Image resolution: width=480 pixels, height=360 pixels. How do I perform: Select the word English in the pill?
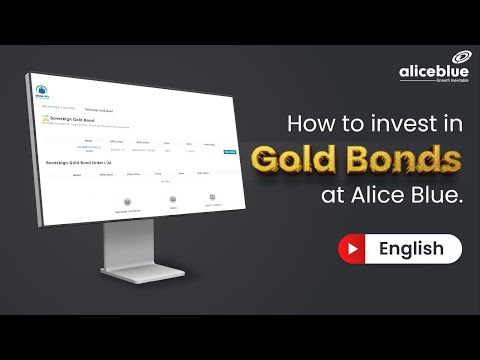(x=409, y=248)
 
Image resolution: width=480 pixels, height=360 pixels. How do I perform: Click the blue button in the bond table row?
(x=229, y=152)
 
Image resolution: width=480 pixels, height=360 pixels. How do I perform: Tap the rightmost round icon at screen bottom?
(x=213, y=199)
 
